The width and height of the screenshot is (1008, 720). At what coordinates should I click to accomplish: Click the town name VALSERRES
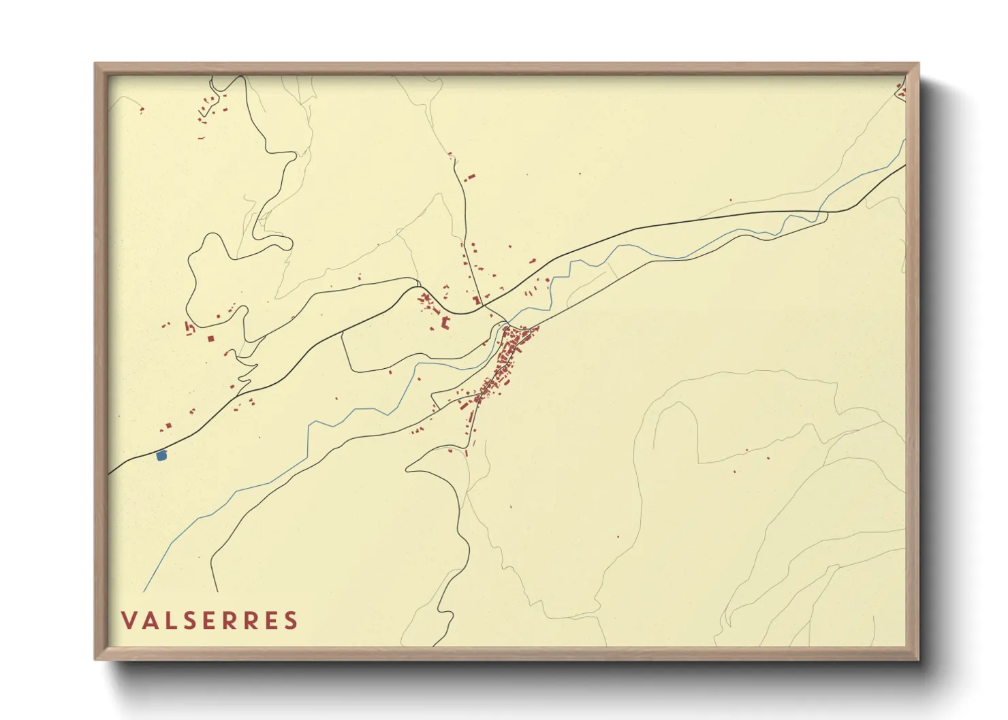pos(210,621)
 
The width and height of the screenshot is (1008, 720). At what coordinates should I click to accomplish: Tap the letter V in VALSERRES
pos(128,621)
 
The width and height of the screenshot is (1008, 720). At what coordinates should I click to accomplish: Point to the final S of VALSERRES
pos(292,621)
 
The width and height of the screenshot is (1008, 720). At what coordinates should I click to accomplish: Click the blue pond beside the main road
pos(161,456)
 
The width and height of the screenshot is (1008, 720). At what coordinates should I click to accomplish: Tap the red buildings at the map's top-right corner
pos(900,91)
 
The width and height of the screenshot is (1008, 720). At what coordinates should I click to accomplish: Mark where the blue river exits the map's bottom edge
pos(144,591)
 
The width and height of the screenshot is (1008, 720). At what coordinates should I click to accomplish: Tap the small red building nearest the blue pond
pos(168,426)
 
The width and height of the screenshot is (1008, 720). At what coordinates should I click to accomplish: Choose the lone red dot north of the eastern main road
pos(730,200)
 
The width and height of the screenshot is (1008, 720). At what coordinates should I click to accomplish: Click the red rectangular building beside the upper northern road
pos(469,178)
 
